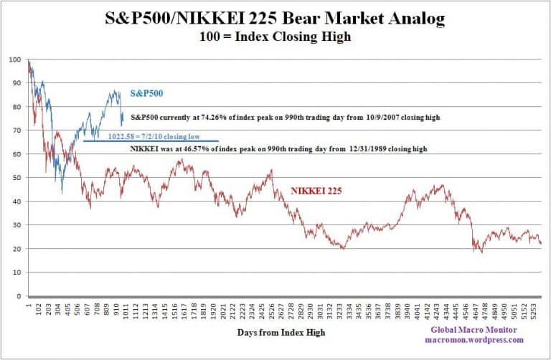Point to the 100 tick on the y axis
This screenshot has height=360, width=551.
[x=14, y=60]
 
